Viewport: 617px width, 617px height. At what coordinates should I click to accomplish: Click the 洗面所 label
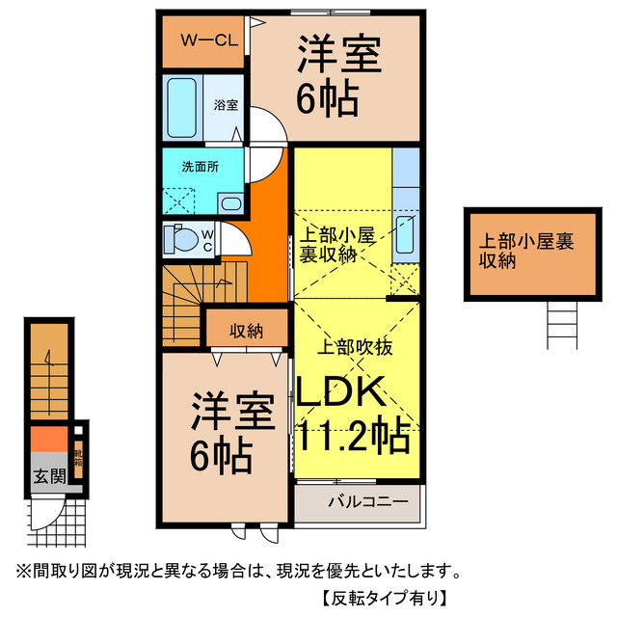(201, 166)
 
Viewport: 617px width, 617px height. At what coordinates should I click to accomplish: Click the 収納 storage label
(247, 331)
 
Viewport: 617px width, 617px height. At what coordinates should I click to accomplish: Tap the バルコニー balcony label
(360, 502)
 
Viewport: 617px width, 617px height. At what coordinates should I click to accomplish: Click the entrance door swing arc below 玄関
(43, 516)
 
